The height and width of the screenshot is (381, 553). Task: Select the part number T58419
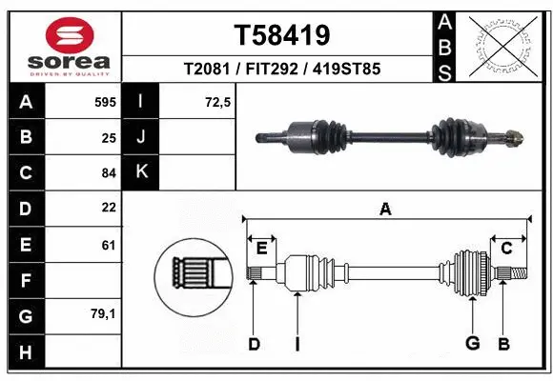coord(282,35)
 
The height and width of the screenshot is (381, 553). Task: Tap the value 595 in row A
coord(104,100)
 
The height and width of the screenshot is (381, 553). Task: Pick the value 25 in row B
coord(107,136)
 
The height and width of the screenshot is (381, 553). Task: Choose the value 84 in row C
coord(107,172)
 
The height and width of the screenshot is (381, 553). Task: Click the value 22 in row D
coord(107,208)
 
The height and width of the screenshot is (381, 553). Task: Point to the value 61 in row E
coord(107,245)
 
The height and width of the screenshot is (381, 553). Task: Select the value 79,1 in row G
coord(103,313)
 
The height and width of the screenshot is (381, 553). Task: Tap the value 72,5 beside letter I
coord(218,100)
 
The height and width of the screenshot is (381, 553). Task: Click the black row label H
coord(25,352)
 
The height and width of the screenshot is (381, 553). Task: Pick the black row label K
coord(142,172)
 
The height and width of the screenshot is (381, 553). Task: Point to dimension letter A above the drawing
coord(385,209)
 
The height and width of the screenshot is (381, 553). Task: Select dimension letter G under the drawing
coord(471,343)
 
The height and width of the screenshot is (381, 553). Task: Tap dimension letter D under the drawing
coord(254,343)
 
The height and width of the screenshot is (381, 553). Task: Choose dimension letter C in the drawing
coord(507,249)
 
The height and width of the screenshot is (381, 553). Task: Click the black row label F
coord(25,281)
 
